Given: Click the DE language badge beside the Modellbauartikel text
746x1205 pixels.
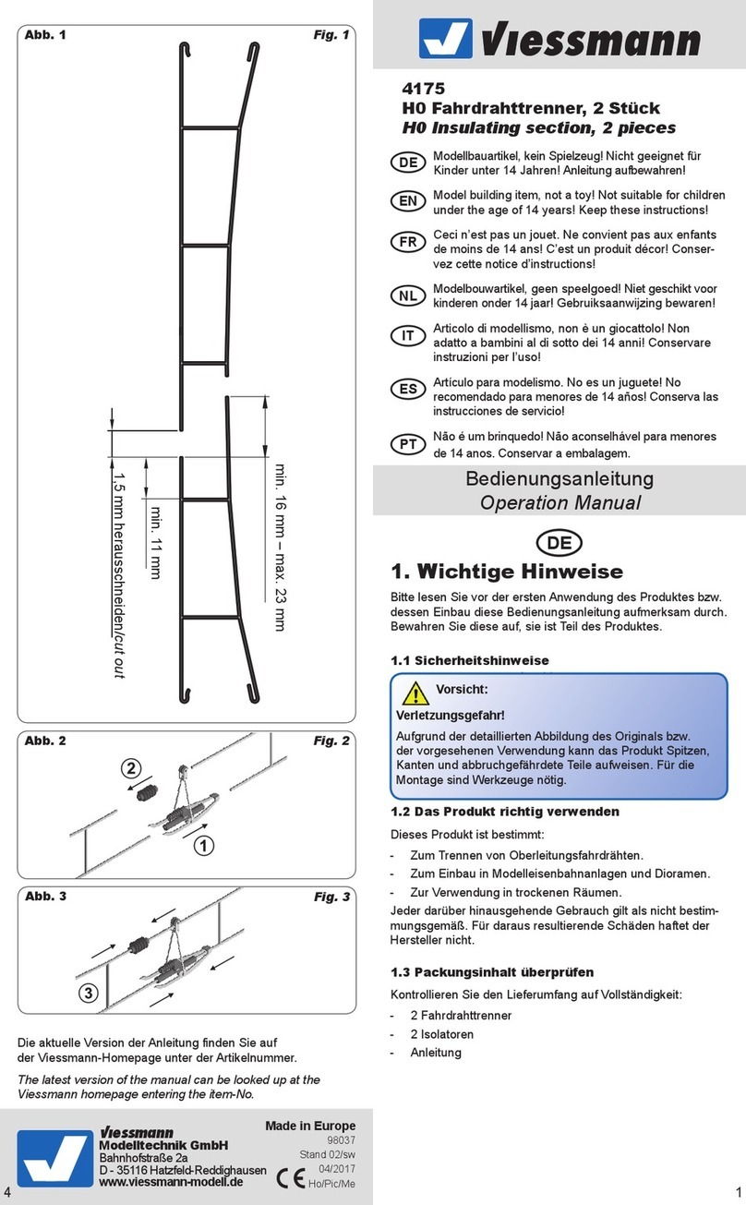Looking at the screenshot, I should pyautogui.click(x=408, y=163).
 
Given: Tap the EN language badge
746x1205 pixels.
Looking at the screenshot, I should pyautogui.click(x=408, y=200).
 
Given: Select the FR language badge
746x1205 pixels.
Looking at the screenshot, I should pyautogui.click(x=408, y=243).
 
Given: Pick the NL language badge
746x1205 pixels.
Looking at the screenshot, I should pyautogui.click(x=408, y=295).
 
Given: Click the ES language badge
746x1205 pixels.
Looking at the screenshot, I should pyautogui.click(x=408, y=389).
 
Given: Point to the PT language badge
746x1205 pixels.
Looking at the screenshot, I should pyautogui.click(x=408, y=444).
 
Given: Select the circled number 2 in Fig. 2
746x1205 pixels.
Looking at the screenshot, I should pyautogui.click(x=132, y=768).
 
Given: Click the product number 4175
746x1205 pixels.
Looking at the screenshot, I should pyautogui.click(x=423, y=90).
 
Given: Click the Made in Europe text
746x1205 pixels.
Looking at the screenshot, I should pyautogui.click(x=309, y=1126).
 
